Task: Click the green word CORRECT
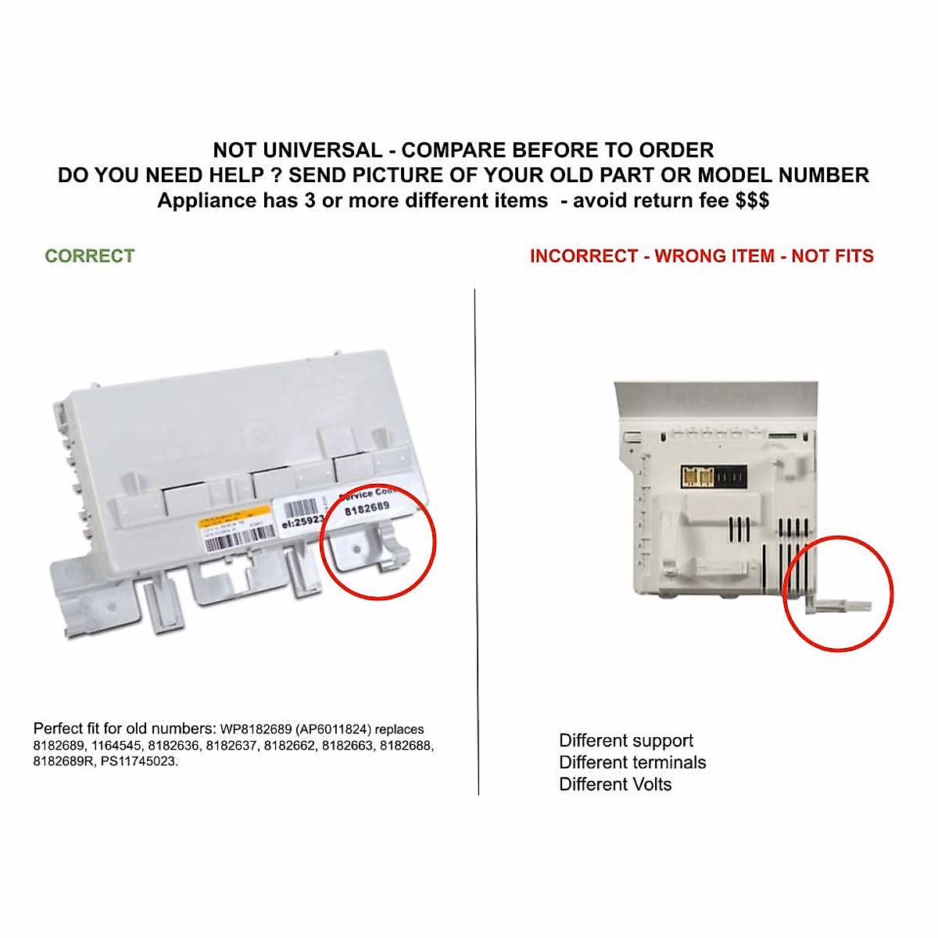coord(89,256)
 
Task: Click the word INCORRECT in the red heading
coord(584,256)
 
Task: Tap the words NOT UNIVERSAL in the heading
coord(298,150)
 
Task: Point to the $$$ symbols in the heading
coord(752,200)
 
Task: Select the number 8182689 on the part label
coord(367,508)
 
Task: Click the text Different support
coord(626,740)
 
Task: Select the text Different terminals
coord(632,762)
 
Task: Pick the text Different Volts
coord(615,784)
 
